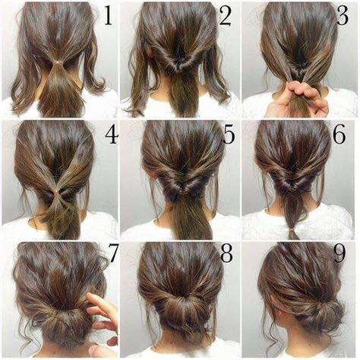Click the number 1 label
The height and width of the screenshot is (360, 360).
(107, 15)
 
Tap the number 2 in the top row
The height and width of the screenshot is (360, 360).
(226, 15)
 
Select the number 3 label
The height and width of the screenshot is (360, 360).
(345, 16)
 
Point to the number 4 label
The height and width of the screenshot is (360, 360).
(111, 136)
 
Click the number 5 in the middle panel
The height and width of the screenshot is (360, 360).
(229, 136)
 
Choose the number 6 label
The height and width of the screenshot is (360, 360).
(346, 136)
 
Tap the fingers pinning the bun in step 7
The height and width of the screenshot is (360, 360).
(100, 311)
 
